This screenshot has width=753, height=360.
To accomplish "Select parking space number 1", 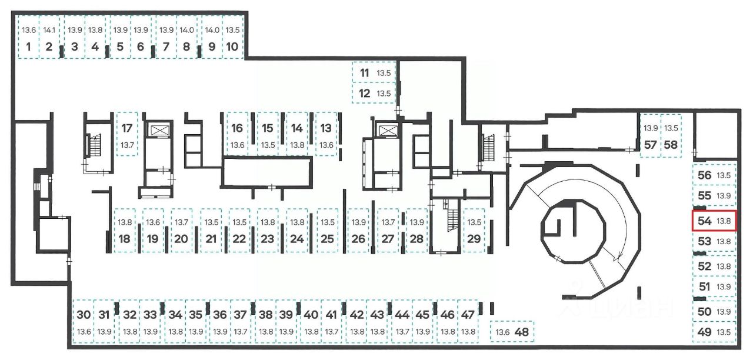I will click(x=28, y=39).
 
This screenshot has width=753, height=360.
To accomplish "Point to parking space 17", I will click(x=127, y=134).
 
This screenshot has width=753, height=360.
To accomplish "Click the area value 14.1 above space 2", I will click(x=49, y=30).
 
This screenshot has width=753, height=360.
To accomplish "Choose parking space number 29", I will click(x=474, y=231).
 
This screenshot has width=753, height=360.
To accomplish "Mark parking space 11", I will click(x=373, y=74).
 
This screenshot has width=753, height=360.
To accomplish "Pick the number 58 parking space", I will click(x=670, y=137).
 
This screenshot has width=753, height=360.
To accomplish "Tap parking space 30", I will click(x=84, y=322).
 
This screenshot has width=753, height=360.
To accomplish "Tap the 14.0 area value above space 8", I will click(x=186, y=30).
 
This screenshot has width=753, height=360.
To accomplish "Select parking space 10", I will click(x=232, y=39).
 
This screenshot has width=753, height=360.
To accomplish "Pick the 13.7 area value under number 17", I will click(x=127, y=145).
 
